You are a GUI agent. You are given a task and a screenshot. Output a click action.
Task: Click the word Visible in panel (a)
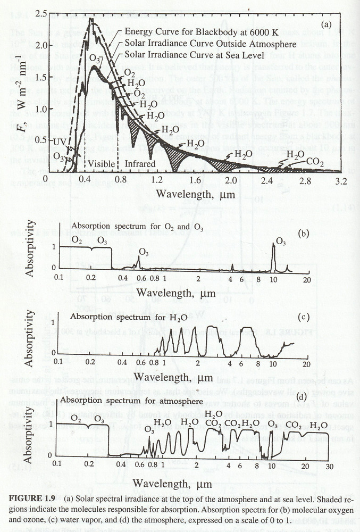click(x=101, y=164)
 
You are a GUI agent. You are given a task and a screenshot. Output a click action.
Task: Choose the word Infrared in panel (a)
click(x=139, y=164)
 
